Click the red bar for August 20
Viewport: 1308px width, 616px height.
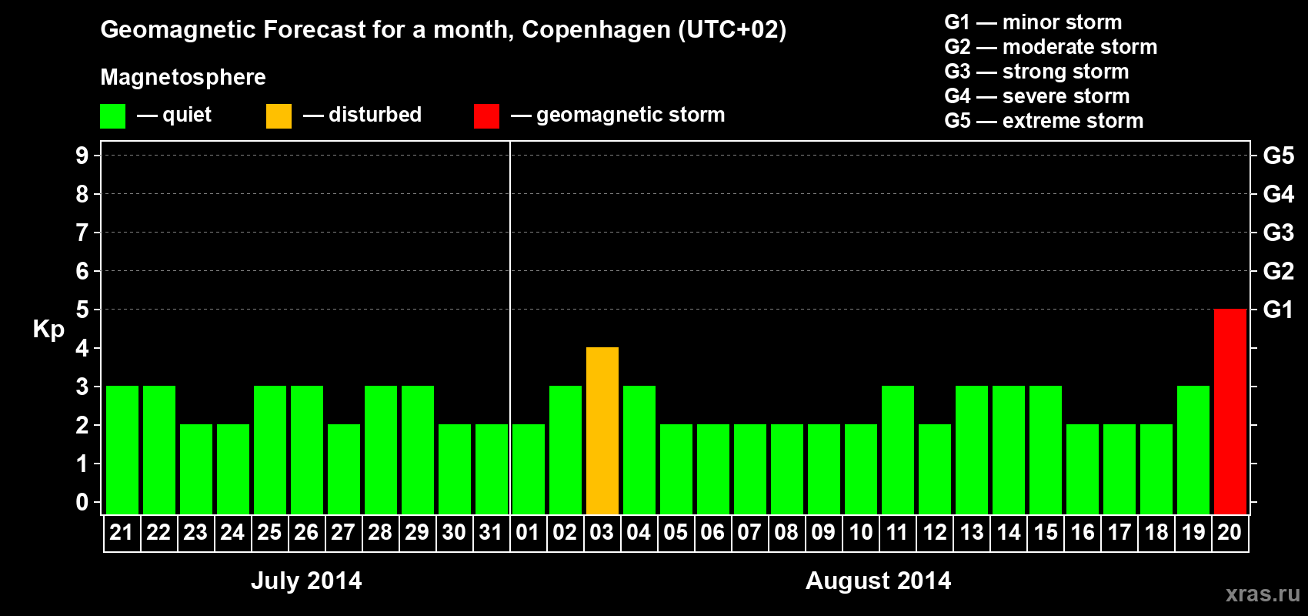(x=1230, y=411)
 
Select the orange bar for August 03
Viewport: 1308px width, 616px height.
(x=602, y=430)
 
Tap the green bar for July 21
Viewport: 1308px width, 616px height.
(x=122, y=450)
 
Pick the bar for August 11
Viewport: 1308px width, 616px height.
(x=897, y=450)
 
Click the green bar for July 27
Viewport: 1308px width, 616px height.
(x=343, y=469)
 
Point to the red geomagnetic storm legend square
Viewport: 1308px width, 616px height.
(x=486, y=116)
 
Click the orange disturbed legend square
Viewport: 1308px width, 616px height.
(x=279, y=116)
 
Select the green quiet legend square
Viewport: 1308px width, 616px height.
(x=112, y=116)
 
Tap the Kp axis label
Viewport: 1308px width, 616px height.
(x=48, y=330)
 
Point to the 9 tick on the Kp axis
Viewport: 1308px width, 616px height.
(x=82, y=156)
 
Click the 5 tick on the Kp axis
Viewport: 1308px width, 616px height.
(x=82, y=310)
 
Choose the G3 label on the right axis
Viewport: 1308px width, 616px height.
(x=1278, y=233)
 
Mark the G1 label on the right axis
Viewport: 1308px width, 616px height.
(x=1278, y=310)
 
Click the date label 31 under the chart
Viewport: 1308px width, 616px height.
(x=491, y=532)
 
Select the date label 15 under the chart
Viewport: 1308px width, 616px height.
(x=1045, y=532)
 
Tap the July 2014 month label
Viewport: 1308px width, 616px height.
(x=306, y=581)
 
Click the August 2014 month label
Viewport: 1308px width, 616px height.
(x=878, y=581)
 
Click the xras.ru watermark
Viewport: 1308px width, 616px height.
(x=1263, y=594)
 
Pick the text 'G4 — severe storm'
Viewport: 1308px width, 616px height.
(x=1036, y=96)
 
